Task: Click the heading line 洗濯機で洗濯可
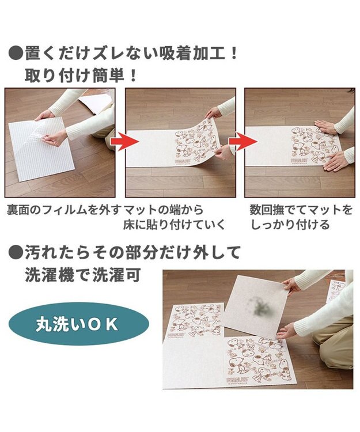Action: tap(82, 275)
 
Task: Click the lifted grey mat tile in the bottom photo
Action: tap(256, 311)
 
